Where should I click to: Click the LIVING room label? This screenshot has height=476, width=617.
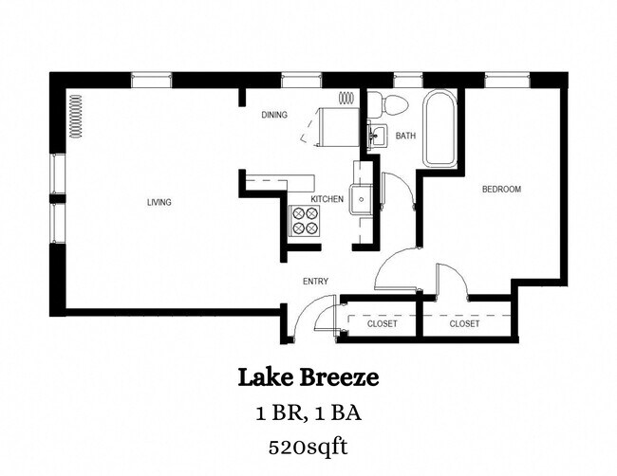point(159,202)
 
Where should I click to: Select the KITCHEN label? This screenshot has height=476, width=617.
point(327,199)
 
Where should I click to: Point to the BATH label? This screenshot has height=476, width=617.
point(405,137)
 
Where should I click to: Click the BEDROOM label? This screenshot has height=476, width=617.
point(501,190)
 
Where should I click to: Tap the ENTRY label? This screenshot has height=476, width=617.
point(315,281)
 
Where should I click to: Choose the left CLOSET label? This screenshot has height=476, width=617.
point(382,324)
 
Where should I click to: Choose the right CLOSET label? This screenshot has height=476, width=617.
point(464,324)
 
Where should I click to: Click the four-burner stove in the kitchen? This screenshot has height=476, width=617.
point(305,221)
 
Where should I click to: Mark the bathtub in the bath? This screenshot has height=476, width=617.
point(439,129)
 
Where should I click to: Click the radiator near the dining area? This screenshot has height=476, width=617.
point(347,97)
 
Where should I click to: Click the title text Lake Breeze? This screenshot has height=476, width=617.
point(308,378)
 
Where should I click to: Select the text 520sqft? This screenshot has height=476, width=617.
point(308,444)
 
